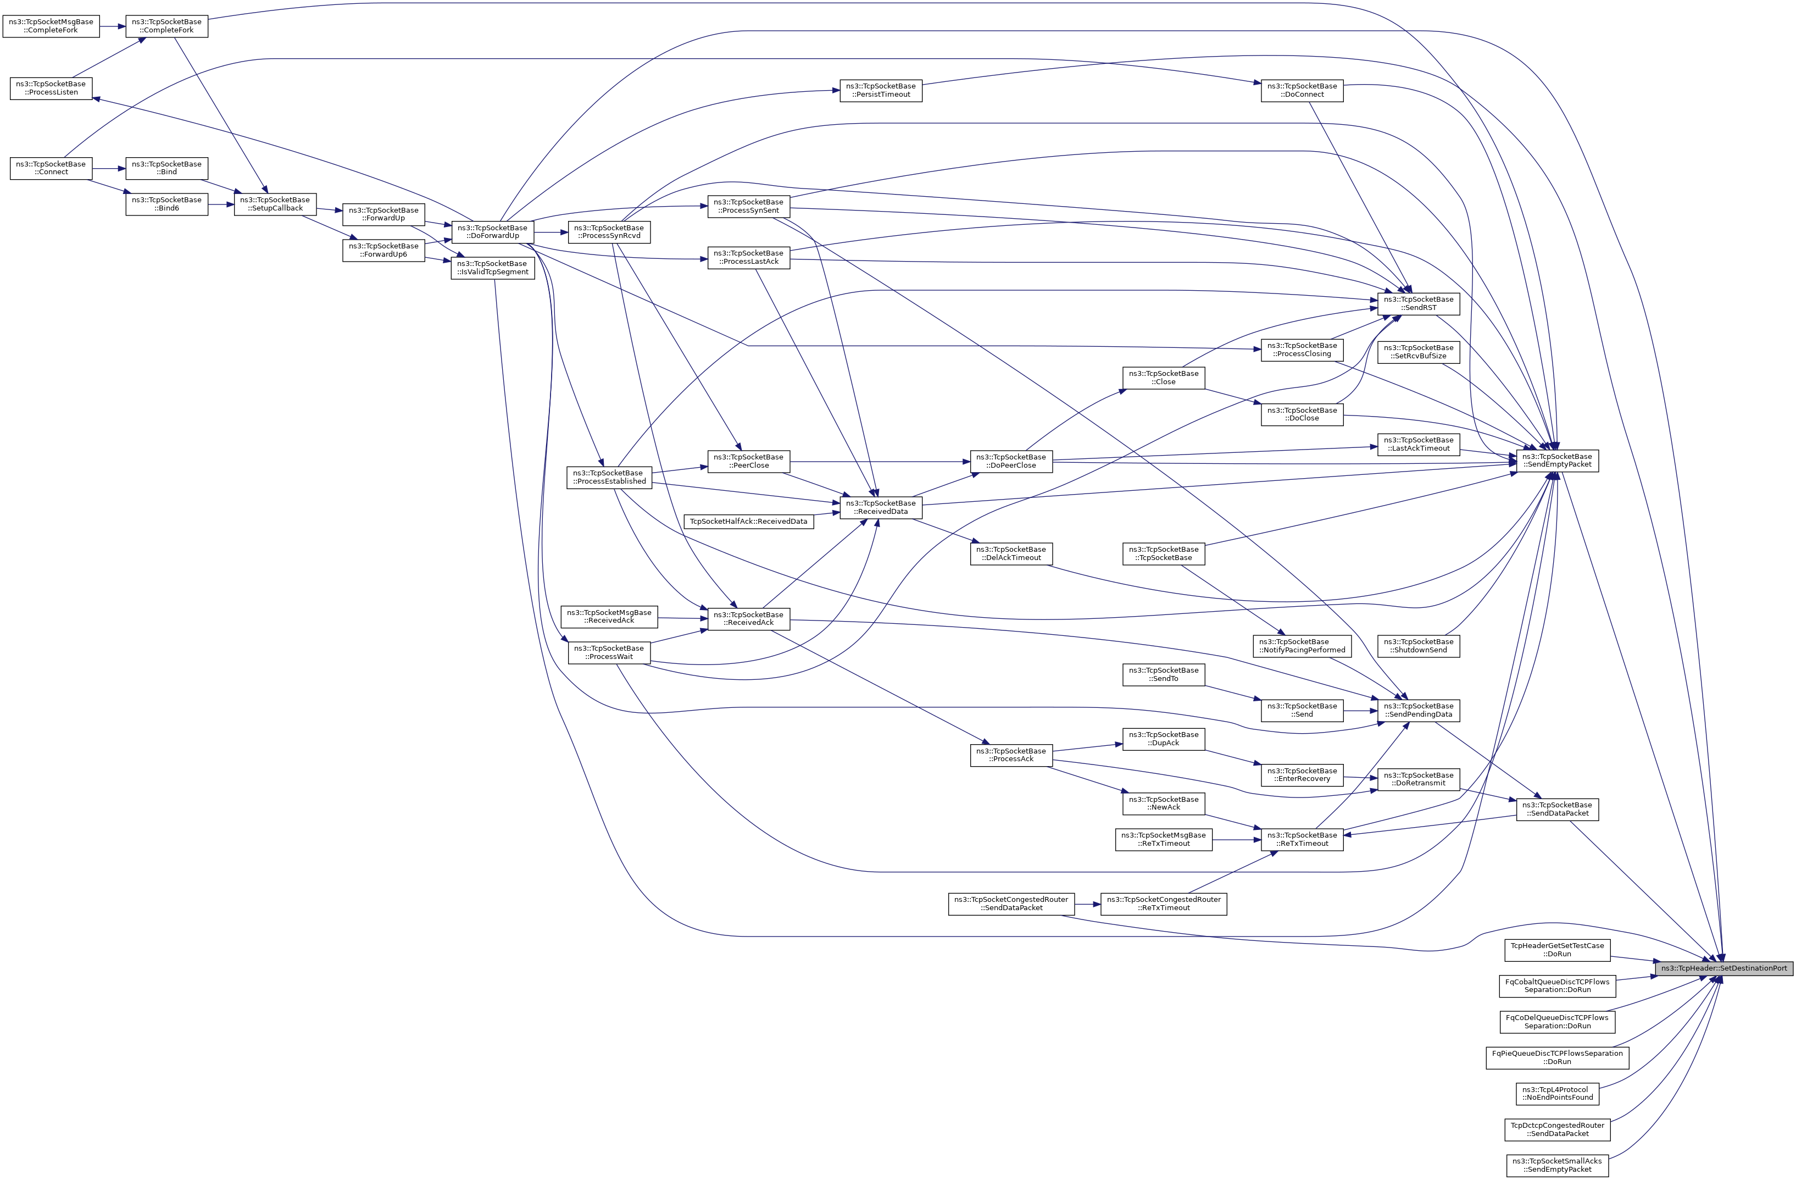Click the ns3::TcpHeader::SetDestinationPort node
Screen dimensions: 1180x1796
coord(1723,968)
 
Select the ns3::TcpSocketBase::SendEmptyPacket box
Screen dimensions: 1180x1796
coord(1557,461)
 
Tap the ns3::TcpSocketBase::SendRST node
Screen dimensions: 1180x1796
coord(1419,303)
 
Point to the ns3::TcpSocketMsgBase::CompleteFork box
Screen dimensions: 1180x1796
coord(51,26)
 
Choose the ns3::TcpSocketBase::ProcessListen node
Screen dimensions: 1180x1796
coord(51,88)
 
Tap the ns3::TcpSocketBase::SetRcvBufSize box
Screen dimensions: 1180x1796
coord(1419,352)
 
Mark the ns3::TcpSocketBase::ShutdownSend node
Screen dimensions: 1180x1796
coord(1419,645)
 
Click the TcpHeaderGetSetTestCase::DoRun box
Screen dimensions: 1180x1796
coord(1558,950)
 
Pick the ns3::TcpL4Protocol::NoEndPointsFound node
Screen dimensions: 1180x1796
coord(1558,1093)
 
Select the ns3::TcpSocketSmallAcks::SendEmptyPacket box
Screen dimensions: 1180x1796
coord(1558,1165)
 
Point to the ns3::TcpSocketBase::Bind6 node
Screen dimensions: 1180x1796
coord(167,204)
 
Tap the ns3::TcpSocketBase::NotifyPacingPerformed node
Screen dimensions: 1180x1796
coord(1302,645)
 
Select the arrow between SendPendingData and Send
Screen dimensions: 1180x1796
coord(1360,711)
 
